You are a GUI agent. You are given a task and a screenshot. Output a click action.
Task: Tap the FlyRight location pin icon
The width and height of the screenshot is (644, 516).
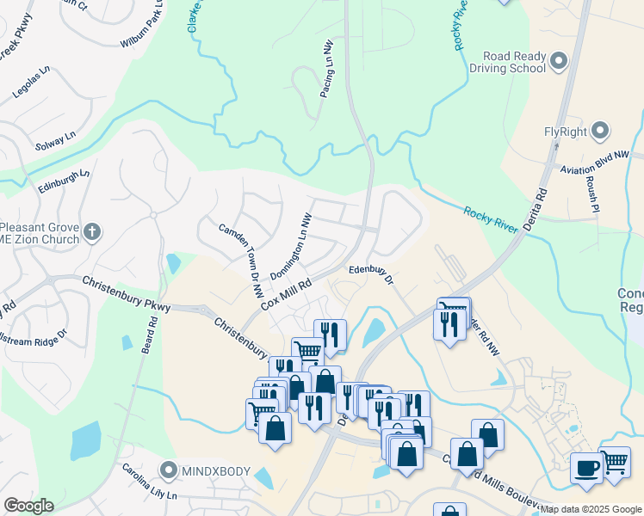pyautogui.click(x=601, y=132)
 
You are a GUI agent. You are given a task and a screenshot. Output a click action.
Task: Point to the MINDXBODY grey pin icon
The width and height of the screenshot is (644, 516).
pyautogui.click(x=168, y=470)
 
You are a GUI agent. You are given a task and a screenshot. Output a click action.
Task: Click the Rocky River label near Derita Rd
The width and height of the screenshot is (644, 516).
pyautogui.click(x=490, y=219)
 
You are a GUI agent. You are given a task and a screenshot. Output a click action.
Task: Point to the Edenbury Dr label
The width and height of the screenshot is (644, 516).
pyautogui.click(x=371, y=273)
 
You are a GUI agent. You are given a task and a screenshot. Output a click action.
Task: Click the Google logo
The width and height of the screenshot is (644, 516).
pyautogui.click(x=28, y=506)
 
